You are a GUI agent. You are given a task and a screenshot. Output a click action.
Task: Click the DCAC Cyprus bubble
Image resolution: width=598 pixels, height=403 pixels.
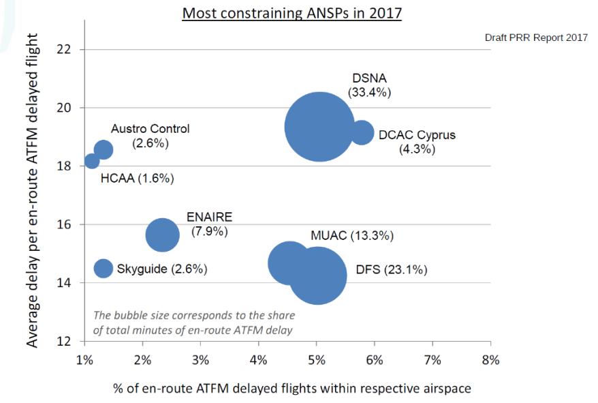[362, 132]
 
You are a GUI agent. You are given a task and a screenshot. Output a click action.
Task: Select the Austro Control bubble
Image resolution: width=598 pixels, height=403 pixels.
[104, 149]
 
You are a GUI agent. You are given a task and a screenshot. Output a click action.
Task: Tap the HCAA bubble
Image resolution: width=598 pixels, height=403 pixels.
[92, 162]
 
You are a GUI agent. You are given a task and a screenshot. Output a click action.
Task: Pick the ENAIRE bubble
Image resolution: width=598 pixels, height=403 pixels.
[162, 235]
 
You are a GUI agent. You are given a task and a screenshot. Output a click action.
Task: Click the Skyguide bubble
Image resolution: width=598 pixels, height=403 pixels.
[104, 268]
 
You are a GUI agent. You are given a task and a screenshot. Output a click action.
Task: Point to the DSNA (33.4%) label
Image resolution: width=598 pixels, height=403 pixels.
[369, 85]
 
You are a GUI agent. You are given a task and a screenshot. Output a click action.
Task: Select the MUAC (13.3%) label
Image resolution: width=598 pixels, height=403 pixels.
[352, 236]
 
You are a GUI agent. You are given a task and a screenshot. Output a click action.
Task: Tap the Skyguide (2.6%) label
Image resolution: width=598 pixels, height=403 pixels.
[162, 269]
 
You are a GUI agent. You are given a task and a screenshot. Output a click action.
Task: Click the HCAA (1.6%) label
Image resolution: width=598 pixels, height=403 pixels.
[138, 179]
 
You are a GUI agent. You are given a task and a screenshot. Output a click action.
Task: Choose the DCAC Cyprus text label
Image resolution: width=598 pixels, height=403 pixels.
[417, 135]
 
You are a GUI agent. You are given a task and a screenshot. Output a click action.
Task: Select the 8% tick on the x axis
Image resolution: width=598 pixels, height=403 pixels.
[491, 359]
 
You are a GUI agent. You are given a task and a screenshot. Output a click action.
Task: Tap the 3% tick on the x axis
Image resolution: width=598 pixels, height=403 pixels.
[201, 359]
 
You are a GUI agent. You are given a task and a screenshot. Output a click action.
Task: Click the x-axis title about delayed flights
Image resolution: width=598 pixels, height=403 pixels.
[292, 388]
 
